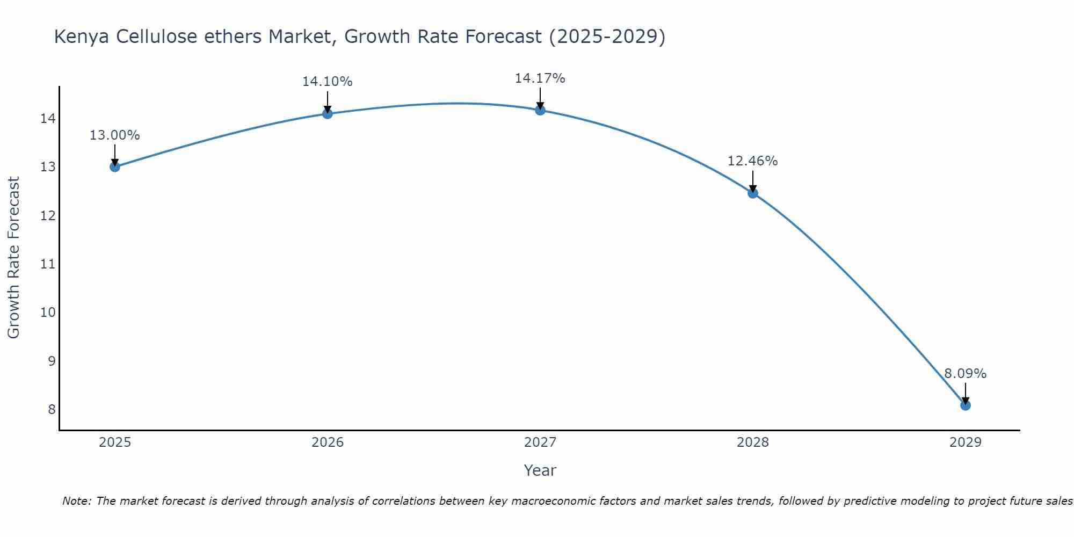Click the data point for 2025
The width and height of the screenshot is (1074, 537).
click(115, 166)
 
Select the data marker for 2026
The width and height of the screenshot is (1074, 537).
click(328, 113)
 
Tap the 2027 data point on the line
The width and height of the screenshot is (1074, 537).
click(540, 110)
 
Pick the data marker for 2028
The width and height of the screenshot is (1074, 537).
click(753, 193)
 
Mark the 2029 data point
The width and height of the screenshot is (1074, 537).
click(966, 405)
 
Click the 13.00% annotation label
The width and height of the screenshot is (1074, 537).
click(115, 135)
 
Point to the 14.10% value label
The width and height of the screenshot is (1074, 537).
click(328, 82)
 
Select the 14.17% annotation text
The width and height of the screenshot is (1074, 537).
click(540, 78)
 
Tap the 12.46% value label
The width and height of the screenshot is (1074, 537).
click(753, 161)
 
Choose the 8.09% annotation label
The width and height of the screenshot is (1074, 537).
click(966, 374)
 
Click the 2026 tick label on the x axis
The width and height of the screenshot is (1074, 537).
click(328, 442)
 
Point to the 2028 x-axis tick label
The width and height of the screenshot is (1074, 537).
click(753, 442)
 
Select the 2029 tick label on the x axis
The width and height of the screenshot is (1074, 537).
click(966, 442)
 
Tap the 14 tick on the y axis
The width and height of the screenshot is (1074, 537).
click(48, 119)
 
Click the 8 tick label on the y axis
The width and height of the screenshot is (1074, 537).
click(52, 410)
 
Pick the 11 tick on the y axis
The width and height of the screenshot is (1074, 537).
click(48, 264)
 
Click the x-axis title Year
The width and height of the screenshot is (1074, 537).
click(540, 470)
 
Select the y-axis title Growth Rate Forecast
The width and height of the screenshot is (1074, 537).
click(14, 258)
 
